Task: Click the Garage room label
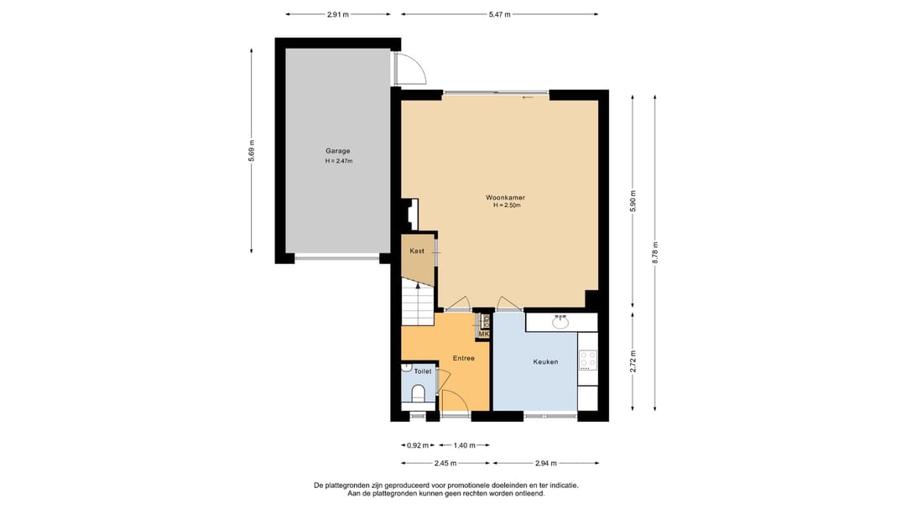tap(337, 152)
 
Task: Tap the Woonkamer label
tap(506, 198)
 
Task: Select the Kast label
tap(417, 251)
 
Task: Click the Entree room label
tap(463, 358)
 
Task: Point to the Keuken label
tap(545, 361)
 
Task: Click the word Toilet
tap(422, 371)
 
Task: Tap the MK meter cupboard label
tap(484, 334)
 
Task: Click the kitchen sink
tap(560, 322)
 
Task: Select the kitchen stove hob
tap(587, 360)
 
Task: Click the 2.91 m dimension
tap(338, 14)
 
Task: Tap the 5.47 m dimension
tap(500, 14)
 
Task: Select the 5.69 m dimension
tap(252, 151)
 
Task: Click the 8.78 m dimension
tap(654, 252)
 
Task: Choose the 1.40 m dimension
tap(464, 445)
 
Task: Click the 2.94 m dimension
tap(545, 463)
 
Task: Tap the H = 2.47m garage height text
tap(339, 161)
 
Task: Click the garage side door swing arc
tap(419, 65)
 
